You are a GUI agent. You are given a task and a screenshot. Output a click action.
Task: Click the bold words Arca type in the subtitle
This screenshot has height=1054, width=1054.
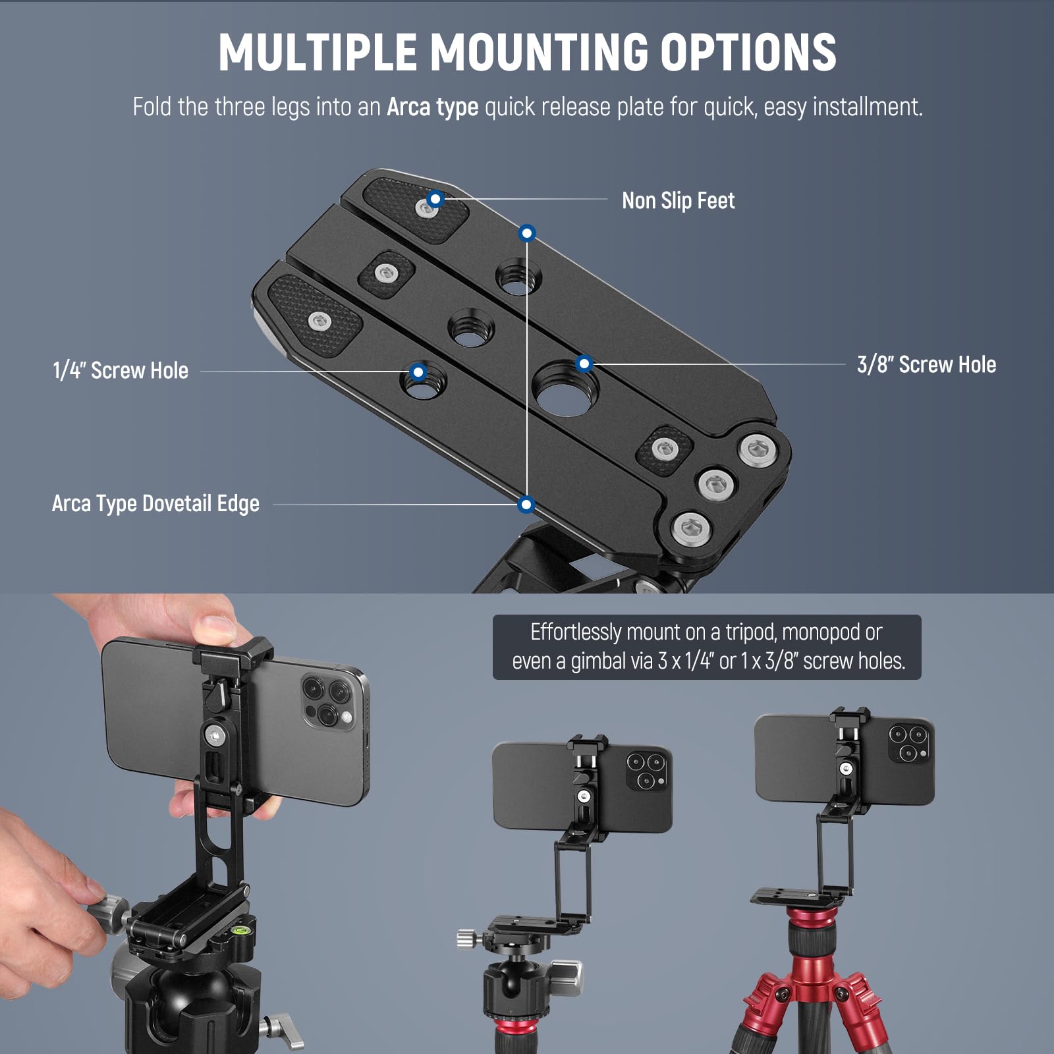(x=432, y=107)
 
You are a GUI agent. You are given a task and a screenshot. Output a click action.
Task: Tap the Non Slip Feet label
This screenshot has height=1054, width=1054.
(x=678, y=200)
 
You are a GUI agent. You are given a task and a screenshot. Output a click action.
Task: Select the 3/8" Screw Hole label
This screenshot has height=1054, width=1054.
(x=926, y=364)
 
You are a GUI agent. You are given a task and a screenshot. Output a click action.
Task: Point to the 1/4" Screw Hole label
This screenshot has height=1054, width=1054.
(x=121, y=371)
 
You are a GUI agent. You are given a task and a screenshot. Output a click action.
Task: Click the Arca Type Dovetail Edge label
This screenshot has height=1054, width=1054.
(x=155, y=504)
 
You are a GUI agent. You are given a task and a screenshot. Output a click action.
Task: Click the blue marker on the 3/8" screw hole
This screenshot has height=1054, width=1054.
(x=584, y=363)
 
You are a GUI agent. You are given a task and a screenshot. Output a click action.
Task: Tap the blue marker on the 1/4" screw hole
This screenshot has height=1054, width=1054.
(x=418, y=372)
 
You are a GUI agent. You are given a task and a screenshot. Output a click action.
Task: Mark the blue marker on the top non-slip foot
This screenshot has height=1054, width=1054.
(x=435, y=198)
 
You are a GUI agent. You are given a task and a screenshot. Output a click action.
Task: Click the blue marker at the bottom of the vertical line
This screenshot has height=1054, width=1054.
(x=526, y=505)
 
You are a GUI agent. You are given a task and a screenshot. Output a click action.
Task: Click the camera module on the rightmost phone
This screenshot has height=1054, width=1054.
(x=908, y=743)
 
